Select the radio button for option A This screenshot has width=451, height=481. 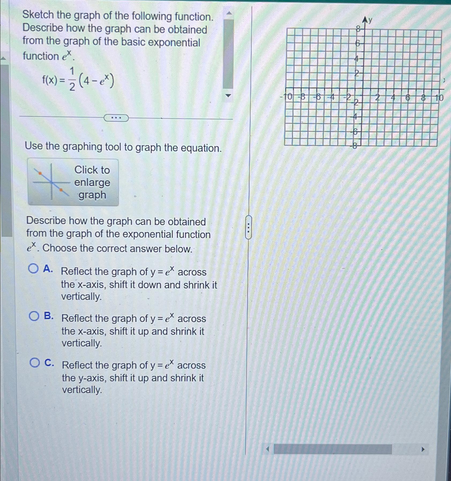pos(33,268)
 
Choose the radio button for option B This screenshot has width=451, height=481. pos(34,316)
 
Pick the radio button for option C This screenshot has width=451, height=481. pos(35,363)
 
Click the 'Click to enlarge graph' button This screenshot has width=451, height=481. pos(73,182)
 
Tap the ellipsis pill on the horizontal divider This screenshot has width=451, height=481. pos(116,118)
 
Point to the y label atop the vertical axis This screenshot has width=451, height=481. pos(370,20)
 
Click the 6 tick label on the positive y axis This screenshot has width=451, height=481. pos(357,43)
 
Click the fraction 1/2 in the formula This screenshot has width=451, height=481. pos(72,79)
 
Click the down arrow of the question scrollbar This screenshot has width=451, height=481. pos(228,96)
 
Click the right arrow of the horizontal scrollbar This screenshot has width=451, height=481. pos(423,449)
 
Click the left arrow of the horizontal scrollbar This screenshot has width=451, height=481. pos(267,449)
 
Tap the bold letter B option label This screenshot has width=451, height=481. pos(49,316)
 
